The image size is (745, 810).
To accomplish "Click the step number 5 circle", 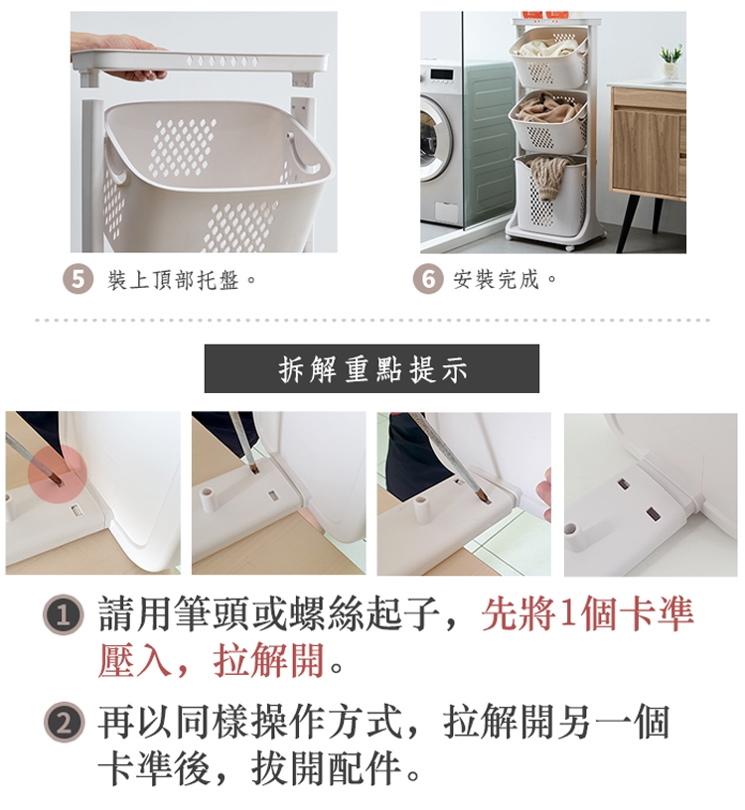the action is pos(77,280).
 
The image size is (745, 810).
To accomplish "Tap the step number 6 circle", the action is pos(428,279).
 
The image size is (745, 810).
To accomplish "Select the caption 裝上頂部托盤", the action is pos(173,280).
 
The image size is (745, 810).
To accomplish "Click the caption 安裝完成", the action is pos(497,279).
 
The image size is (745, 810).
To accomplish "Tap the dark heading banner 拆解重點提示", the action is pos(372,368).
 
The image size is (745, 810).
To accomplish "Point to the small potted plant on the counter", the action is pos(670,62).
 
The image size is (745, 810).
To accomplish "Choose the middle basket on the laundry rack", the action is pos(548,122).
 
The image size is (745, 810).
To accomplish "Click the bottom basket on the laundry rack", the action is pos(549,193).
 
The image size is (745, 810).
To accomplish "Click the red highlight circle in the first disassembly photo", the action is pos(57,475).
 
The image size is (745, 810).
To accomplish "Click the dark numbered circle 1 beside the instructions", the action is pos(63,614).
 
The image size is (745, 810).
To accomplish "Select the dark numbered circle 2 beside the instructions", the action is pos(64,723).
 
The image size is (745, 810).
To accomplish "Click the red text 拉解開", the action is pos(269,660).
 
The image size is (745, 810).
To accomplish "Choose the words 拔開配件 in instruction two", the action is pos(326,768).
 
